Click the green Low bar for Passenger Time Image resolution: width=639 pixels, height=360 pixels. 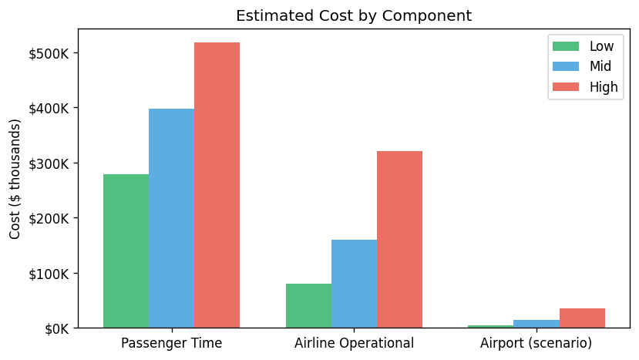(126, 251)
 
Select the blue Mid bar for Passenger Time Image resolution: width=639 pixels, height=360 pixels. (171, 218)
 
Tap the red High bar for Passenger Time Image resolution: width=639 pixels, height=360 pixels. (217, 185)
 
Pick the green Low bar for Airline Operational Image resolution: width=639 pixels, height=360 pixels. (308, 306)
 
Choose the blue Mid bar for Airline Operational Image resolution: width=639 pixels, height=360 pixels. (354, 284)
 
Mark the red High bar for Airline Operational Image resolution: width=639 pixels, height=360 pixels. (399, 240)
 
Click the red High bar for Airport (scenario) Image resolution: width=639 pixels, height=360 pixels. (582, 318)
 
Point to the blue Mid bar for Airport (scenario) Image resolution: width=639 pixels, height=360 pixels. (536, 324)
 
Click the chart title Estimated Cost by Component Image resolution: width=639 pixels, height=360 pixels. (354, 15)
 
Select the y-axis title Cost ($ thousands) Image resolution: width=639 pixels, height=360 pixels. (15, 178)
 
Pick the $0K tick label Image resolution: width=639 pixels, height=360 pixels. (55, 329)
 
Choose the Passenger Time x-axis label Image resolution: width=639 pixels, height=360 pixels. (171, 343)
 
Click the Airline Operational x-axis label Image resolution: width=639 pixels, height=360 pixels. (354, 343)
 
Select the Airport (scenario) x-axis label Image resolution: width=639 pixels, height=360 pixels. (536, 343)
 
